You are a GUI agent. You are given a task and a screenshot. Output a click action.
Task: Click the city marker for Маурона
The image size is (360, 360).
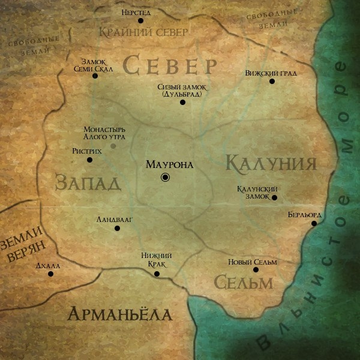[x=166, y=177]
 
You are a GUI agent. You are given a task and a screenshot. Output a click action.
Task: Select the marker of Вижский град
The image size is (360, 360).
[x=272, y=81]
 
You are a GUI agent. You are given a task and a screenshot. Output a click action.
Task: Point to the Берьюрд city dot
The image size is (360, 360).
[x=314, y=224]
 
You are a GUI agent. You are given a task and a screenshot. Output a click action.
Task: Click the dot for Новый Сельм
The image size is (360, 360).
[x=256, y=269]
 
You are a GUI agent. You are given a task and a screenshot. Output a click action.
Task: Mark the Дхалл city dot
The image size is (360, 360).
[x=50, y=274]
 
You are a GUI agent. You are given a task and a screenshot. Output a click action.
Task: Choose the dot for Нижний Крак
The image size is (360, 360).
[x=157, y=274]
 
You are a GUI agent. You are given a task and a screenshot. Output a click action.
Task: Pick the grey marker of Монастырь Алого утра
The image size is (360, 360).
[x=113, y=146]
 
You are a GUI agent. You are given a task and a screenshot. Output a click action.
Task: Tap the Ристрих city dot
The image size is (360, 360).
[x=90, y=160]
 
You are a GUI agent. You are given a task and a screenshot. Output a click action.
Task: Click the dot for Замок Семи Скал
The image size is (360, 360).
[x=95, y=76]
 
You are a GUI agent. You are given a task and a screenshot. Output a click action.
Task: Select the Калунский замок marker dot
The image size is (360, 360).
[x=274, y=197]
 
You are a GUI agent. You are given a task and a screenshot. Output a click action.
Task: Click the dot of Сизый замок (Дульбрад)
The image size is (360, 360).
[x=182, y=102]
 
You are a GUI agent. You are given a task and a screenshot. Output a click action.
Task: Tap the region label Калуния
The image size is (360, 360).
[x=271, y=163]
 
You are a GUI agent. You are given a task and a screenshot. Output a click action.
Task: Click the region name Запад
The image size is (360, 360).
[x=88, y=182]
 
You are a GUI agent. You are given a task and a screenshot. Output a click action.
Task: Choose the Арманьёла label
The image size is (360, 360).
[x=119, y=314]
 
